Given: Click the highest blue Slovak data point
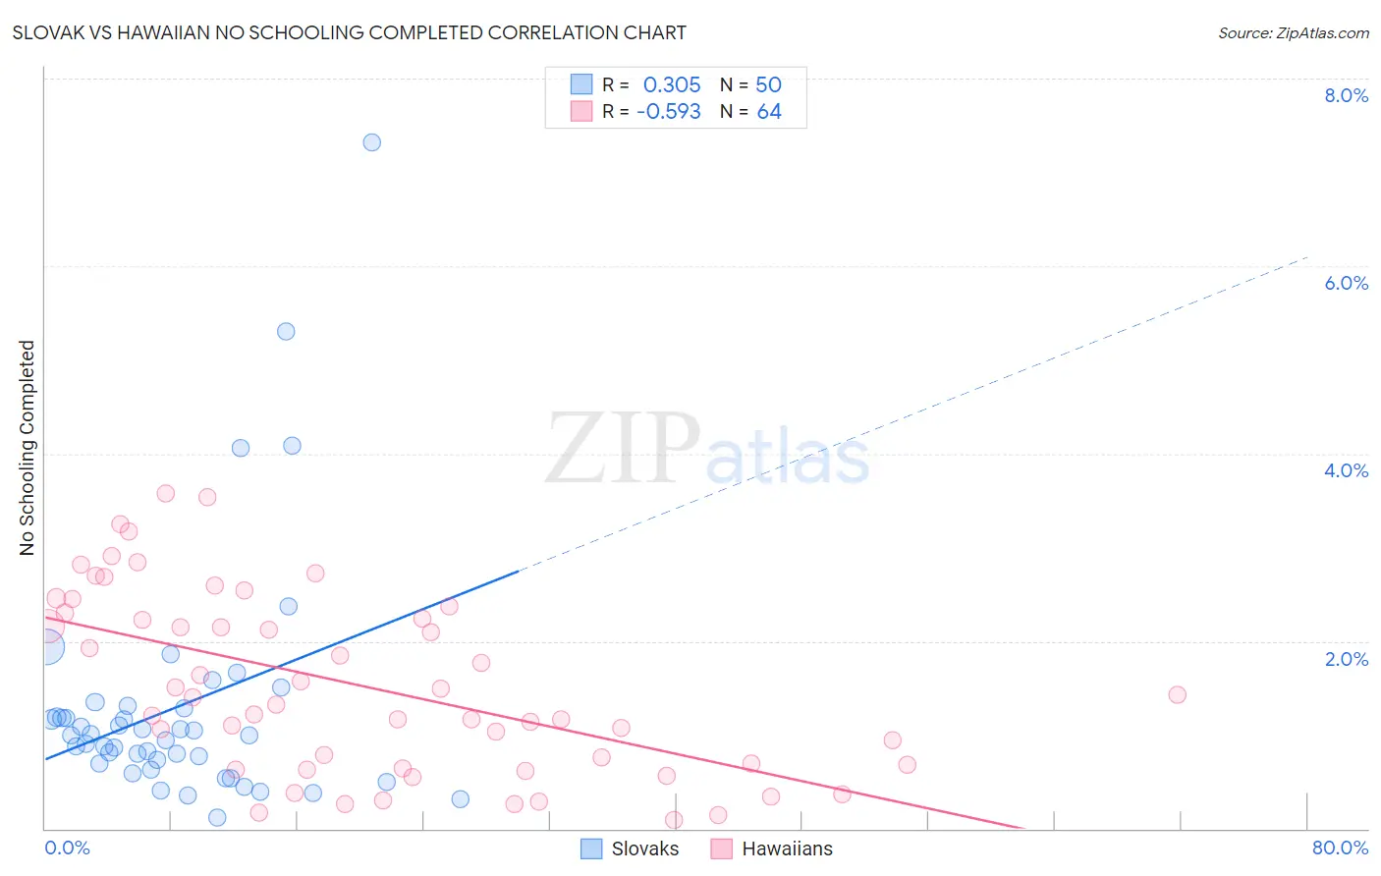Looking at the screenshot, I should click(x=371, y=142).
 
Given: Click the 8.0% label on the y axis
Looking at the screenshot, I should click(x=1346, y=95).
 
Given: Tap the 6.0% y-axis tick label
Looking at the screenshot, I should click(x=1346, y=283).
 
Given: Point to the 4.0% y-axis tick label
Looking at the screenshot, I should click(x=1346, y=470).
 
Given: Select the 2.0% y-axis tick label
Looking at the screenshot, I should click(x=1346, y=659).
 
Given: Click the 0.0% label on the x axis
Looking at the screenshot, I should click(x=67, y=848).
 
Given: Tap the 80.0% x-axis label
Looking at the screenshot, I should click(x=1340, y=848).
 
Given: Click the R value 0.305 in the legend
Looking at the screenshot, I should click(x=672, y=84).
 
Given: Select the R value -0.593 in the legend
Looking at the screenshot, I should click(x=669, y=112).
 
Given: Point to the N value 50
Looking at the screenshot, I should click(x=768, y=84).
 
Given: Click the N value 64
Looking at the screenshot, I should click(x=769, y=112).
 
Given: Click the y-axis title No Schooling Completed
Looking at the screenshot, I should click(x=28, y=448).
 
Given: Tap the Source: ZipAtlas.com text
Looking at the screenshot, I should click(x=1293, y=33).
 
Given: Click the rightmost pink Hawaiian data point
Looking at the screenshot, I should click(x=1177, y=694).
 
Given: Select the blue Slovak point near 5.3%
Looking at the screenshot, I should click(x=286, y=331).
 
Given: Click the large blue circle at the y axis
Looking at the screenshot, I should click(x=45, y=647).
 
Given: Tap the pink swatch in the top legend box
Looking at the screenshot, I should click(x=581, y=112).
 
